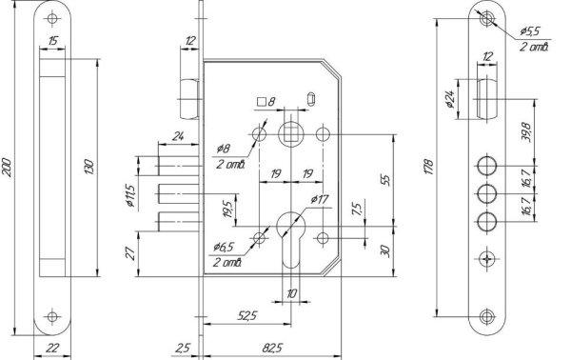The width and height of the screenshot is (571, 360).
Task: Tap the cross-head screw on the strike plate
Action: (488, 257)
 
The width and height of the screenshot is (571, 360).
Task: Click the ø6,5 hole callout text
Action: (226, 248)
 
